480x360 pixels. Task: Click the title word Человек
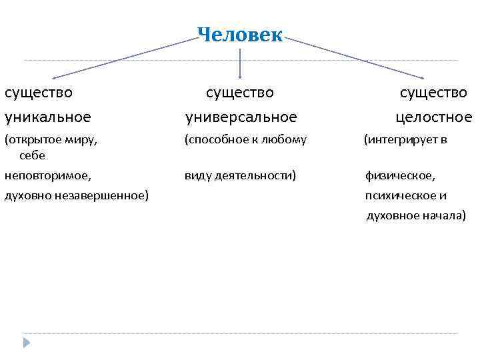240,35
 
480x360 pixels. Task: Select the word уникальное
47,118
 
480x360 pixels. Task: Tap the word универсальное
241,118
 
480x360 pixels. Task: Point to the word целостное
433,118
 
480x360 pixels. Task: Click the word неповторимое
47,176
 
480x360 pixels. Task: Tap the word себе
32,155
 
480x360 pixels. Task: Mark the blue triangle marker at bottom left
27,344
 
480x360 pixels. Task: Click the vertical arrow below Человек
240,63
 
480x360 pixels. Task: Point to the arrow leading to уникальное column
120,58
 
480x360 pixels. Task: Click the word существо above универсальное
240,92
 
